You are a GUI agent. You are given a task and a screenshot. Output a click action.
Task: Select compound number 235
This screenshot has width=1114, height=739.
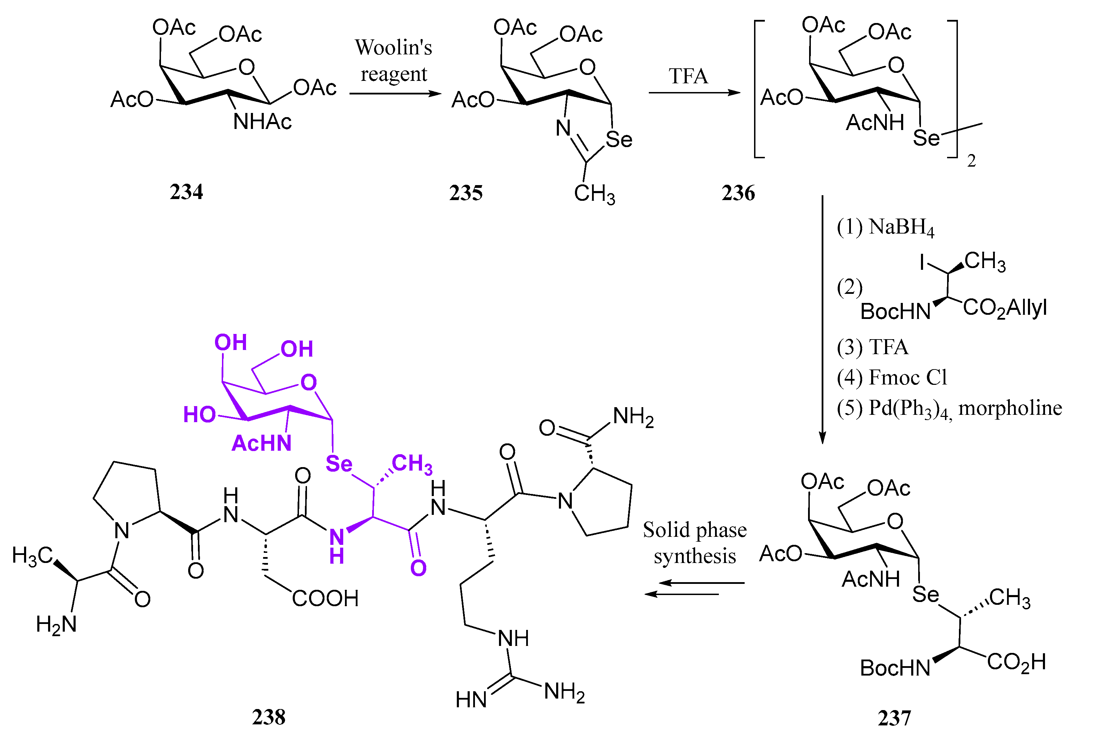click(466, 193)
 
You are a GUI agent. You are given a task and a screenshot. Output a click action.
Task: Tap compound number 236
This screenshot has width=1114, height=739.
click(738, 193)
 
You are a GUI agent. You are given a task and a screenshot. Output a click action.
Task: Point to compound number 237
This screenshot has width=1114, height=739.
click(894, 718)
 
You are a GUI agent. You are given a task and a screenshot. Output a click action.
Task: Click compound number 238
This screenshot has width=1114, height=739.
click(269, 717)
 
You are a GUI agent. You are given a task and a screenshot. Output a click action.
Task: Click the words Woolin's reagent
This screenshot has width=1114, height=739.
click(393, 60)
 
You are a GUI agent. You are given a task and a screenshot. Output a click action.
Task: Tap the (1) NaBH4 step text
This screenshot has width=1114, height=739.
click(885, 227)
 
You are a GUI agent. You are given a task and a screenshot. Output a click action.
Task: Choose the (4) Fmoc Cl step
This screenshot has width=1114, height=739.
click(892, 378)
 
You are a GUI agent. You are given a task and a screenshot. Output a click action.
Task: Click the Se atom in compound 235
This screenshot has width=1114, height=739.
click(619, 139)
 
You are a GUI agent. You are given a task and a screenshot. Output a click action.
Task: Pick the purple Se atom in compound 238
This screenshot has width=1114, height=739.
click(339, 464)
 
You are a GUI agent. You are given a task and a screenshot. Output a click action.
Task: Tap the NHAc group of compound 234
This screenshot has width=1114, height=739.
click(262, 122)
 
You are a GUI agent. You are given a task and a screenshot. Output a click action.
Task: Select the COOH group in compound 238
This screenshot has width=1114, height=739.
click(325, 599)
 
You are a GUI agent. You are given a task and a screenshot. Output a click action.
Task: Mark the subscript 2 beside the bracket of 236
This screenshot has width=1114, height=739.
click(971, 161)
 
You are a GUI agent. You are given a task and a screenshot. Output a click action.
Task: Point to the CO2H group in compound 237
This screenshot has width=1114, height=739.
click(1016, 662)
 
